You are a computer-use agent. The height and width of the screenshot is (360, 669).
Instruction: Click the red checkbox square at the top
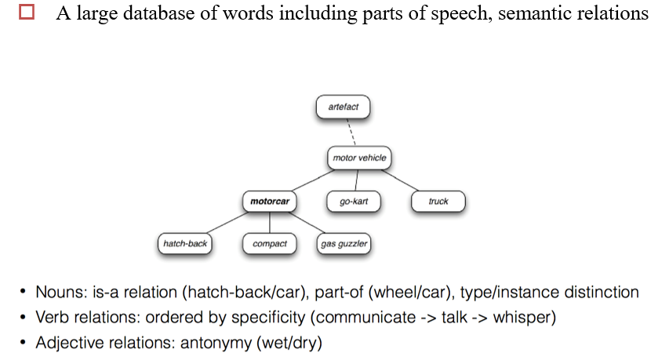pos(28,15)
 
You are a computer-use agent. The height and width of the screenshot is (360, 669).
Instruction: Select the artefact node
pos(342,106)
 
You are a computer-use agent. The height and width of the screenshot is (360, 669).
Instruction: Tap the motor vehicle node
pos(359,158)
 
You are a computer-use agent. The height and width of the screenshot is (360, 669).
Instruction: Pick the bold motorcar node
pos(270,202)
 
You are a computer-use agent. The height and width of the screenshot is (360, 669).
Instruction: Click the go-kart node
pos(354,202)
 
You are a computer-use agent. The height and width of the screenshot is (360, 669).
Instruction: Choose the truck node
pos(438,202)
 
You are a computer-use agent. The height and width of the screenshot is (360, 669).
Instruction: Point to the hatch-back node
pos(185,244)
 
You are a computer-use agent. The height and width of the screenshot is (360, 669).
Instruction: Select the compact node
pos(270,244)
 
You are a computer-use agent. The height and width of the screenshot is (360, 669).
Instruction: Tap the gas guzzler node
pos(344,244)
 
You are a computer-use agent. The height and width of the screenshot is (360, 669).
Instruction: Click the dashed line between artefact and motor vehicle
pos(351,132)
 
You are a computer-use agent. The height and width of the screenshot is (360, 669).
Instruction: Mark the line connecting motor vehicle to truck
pos(403,181)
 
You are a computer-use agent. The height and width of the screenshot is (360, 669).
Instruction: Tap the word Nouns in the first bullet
pos(62,293)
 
